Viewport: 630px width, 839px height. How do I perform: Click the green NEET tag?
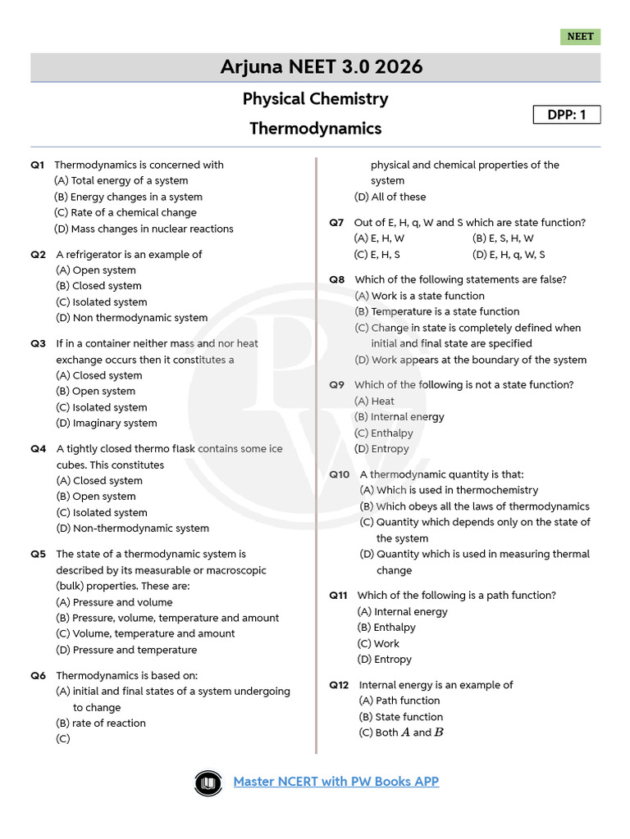pos(581,37)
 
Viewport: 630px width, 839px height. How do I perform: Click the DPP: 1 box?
pos(567,115)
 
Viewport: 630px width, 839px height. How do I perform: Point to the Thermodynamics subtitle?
pos(315,129)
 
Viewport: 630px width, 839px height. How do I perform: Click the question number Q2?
pos(39,254)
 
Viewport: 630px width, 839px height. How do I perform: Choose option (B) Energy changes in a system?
pos(128,197)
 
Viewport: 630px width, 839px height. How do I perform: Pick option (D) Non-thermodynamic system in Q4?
pos(132,528)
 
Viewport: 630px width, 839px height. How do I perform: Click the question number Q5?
pos(39,554)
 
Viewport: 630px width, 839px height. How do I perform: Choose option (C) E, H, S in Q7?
pos(377,254)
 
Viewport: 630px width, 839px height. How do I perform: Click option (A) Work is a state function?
pos(419,296)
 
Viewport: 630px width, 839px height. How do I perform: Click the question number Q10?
pos(340,474)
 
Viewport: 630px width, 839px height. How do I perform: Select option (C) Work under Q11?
pos(378,643)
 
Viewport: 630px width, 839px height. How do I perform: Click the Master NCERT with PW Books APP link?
pos(336,782)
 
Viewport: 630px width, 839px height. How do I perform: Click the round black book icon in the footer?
pos(208,783)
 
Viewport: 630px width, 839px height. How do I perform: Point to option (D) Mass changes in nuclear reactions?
pos(144,229)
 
